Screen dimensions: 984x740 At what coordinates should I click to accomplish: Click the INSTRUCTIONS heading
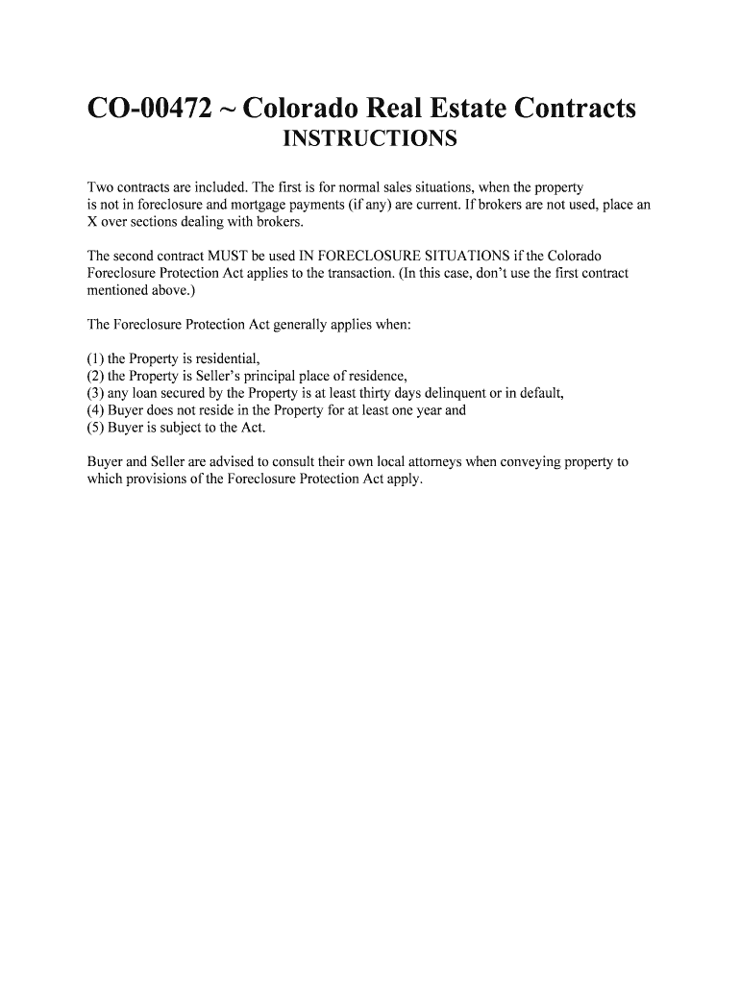pyautogui.click(x=370, y=140)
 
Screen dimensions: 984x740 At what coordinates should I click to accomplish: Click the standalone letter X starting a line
pyautogui.click(x=92, y=222)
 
